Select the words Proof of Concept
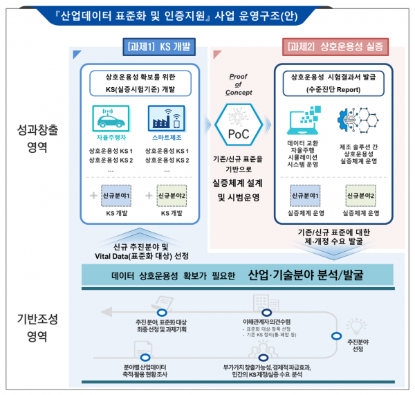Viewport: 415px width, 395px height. [x=237, y=84]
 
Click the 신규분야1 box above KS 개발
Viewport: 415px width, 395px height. [x=116, y=195]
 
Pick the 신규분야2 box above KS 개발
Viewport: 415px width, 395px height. [x=169, y=195]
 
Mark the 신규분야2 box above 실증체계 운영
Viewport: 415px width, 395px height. [x=360, y=196]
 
